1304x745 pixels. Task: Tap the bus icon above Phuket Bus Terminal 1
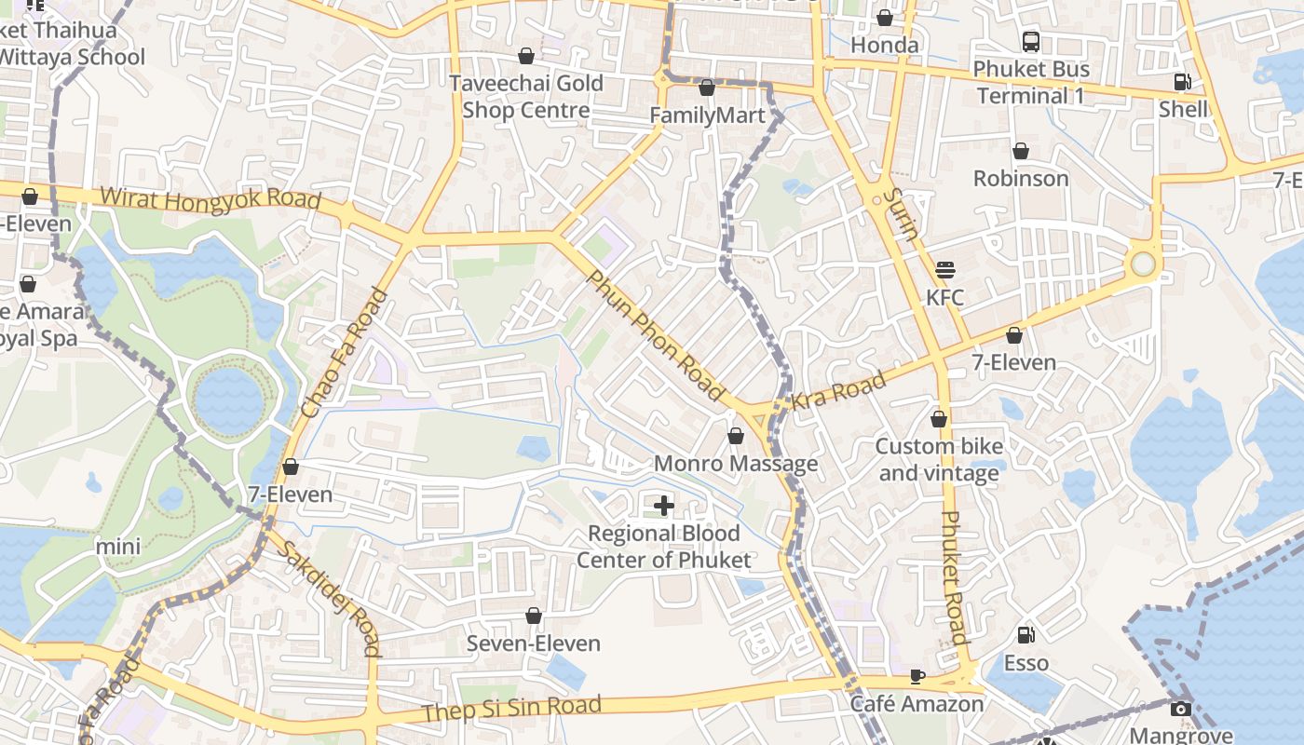[x=1031, y=41]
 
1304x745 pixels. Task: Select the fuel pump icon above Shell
[x=1182, y=82]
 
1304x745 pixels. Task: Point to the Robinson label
[x=1021, y=178]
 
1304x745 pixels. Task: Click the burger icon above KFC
[x=945, y=270]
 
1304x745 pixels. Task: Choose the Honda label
[x=885, y=45]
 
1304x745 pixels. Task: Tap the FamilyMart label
[x=707, y=115]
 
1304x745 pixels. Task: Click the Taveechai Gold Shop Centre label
[x=526, y=97]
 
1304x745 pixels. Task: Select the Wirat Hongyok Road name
[x=211, y=199]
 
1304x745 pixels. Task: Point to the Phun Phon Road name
[x=655, y=336]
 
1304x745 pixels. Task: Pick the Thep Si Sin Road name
[x=511, y=709]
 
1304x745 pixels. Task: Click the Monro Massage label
[x=736, y=464]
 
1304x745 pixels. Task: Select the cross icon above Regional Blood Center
[x=664, y=506]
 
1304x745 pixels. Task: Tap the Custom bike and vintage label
[x=939, y=459]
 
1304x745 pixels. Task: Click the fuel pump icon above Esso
[x=1026, y=635]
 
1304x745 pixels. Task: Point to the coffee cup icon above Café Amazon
[x=917, y=676]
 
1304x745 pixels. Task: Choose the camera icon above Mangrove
[x=1181, y=709]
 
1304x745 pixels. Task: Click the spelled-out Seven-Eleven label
[x=534, y=643]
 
